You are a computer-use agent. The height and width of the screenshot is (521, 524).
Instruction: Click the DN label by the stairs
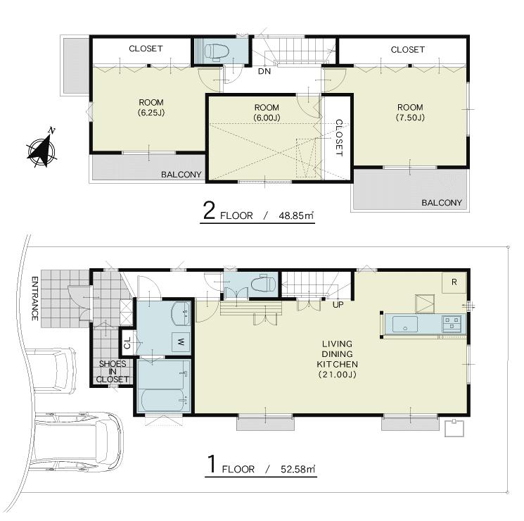[x=264, y=71]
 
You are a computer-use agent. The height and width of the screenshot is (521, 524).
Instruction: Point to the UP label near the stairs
[x=338, y=305]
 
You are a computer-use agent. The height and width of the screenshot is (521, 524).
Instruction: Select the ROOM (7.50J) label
[x=409, y=112]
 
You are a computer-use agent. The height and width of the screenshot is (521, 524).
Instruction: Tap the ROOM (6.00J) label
[x=267, y=112]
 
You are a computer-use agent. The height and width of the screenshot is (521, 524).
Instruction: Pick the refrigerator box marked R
[x=454, y=282]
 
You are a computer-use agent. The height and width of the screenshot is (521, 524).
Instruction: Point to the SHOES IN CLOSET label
[x=112, y=371]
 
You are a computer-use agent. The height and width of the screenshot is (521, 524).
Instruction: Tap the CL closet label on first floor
[x=127, y=344]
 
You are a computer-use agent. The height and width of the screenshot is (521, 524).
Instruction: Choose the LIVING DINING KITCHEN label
[x=337, y=359]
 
